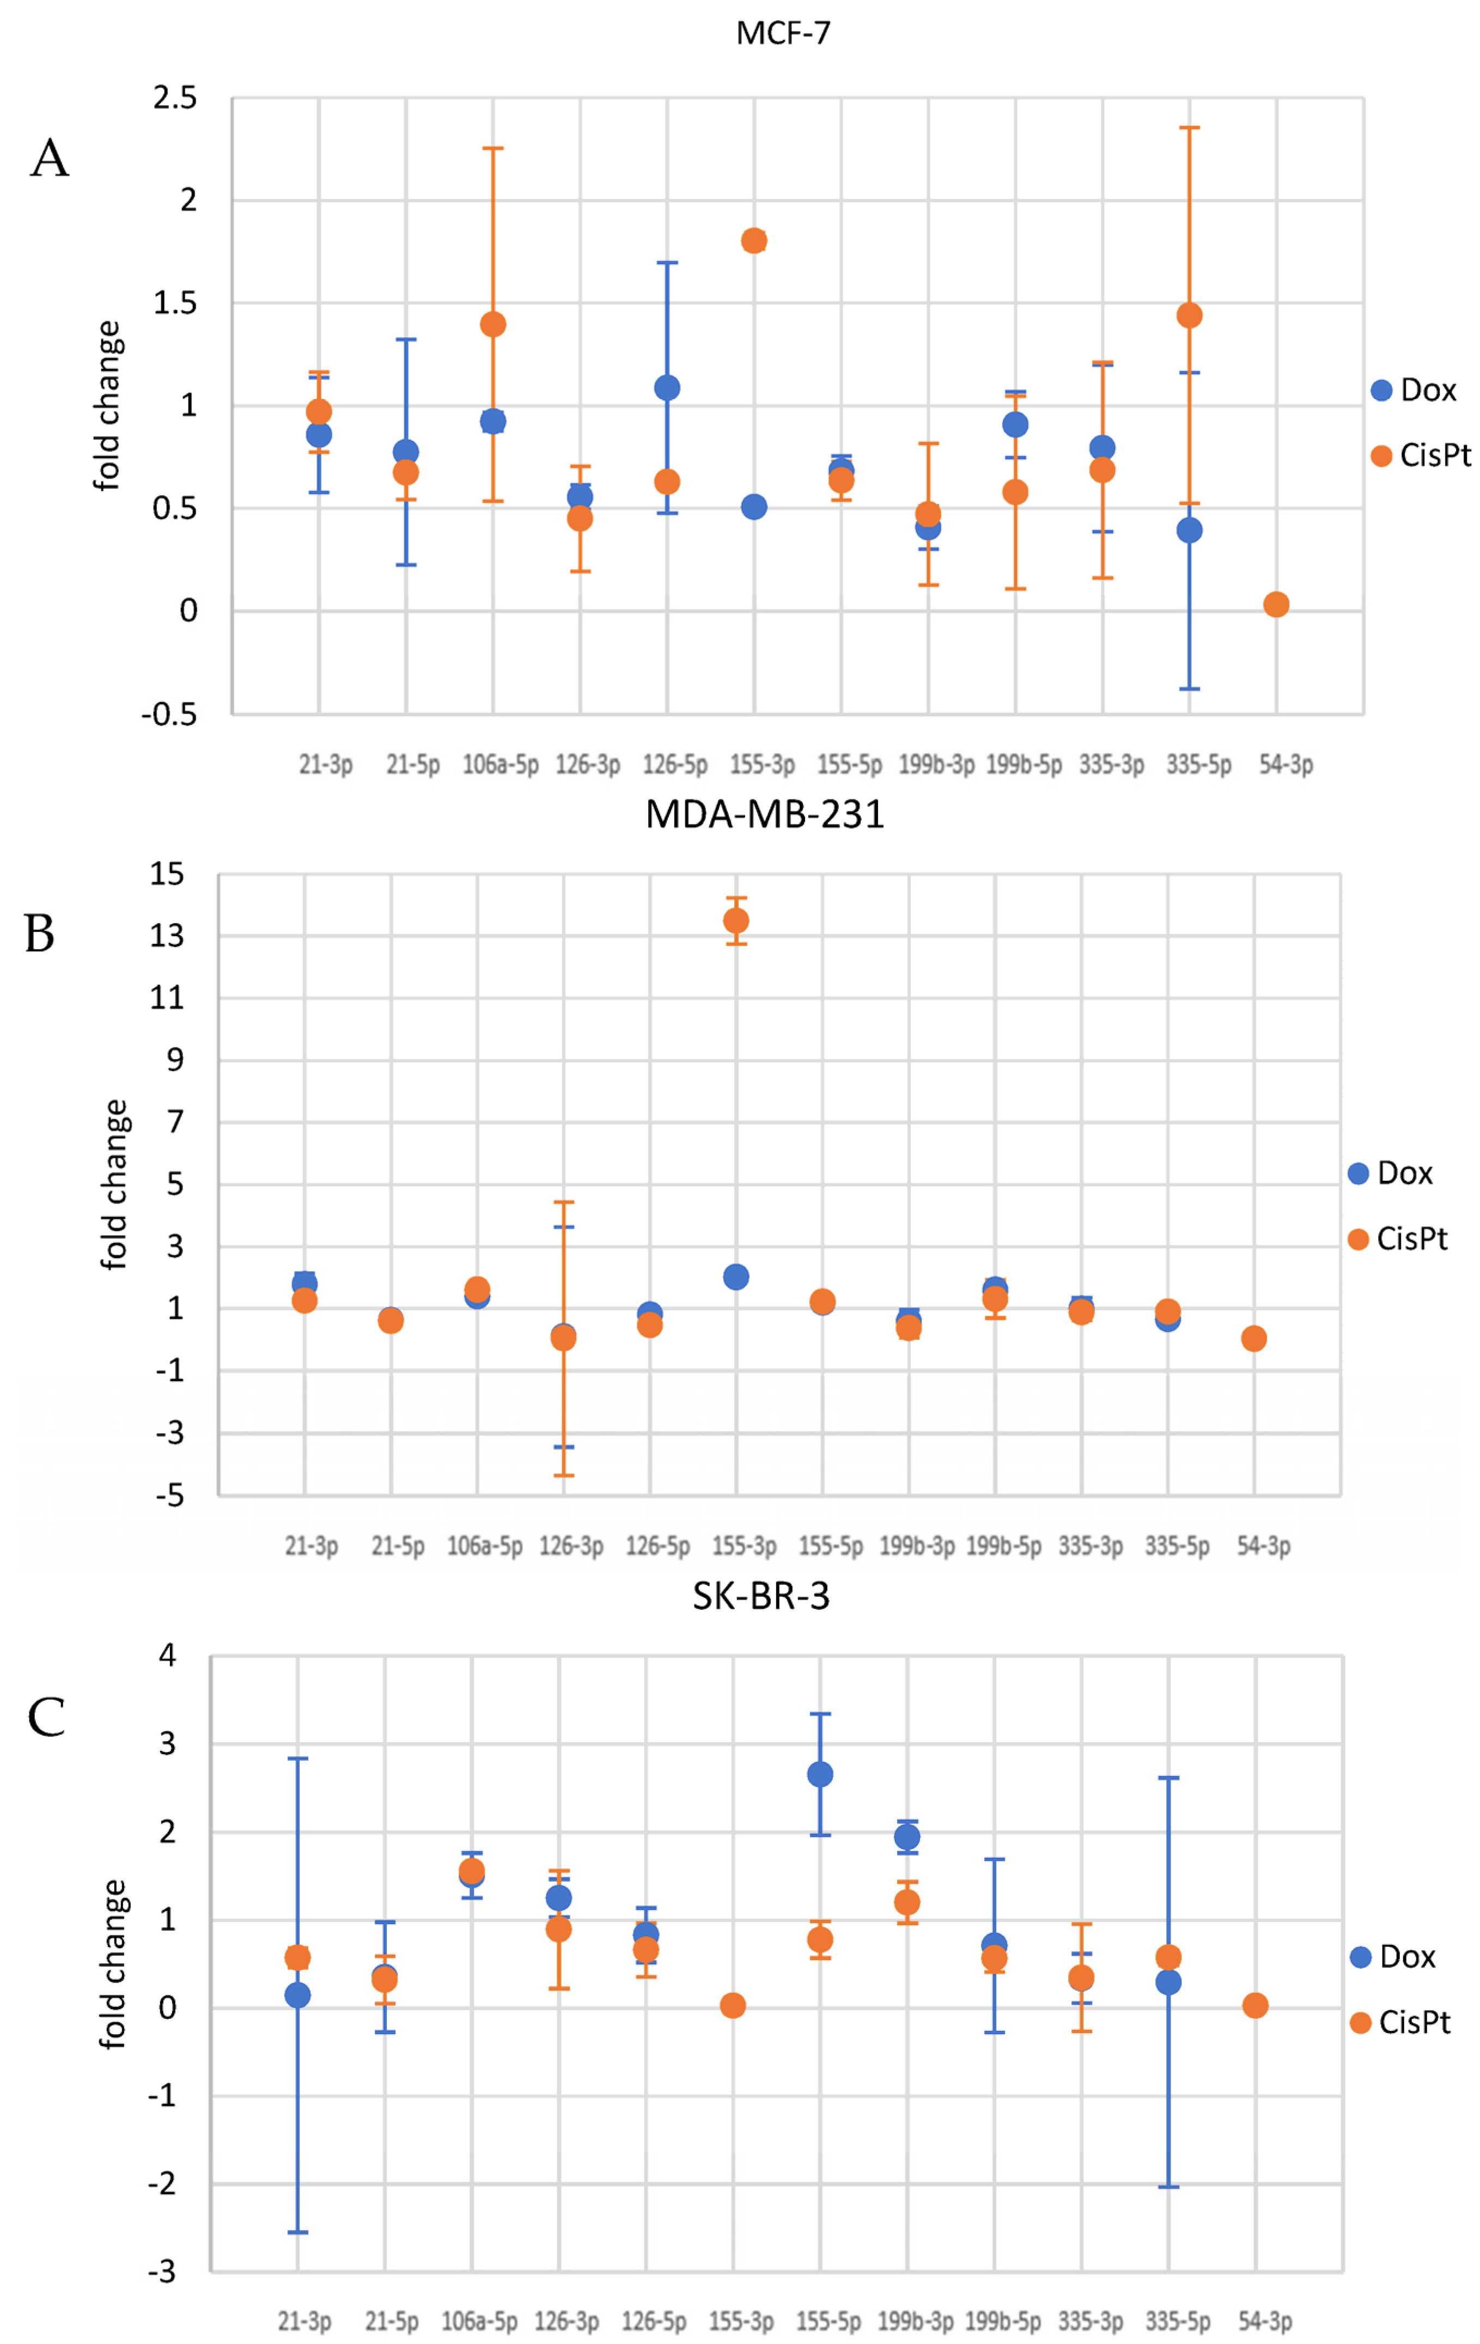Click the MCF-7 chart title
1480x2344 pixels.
(x=783, y=33)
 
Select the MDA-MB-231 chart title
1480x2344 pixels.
(x=764, y=814)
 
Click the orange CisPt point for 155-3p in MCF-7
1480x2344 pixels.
(x=754, y=240)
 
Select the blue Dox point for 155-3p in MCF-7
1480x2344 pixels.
(x=754, y=507)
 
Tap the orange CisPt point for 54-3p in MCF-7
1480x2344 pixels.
(x=1276, y=605)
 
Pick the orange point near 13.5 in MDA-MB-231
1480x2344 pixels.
(x=736, y=921)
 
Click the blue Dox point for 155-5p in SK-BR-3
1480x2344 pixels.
(x=820, y=1774)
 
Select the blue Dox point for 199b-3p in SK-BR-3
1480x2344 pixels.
(x=906, y=1837)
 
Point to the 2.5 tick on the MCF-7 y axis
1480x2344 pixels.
(x=175, y=97)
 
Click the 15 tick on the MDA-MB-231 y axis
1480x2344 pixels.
(x=167, y=874)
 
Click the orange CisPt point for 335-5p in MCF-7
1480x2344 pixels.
(x=1189, y=315)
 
